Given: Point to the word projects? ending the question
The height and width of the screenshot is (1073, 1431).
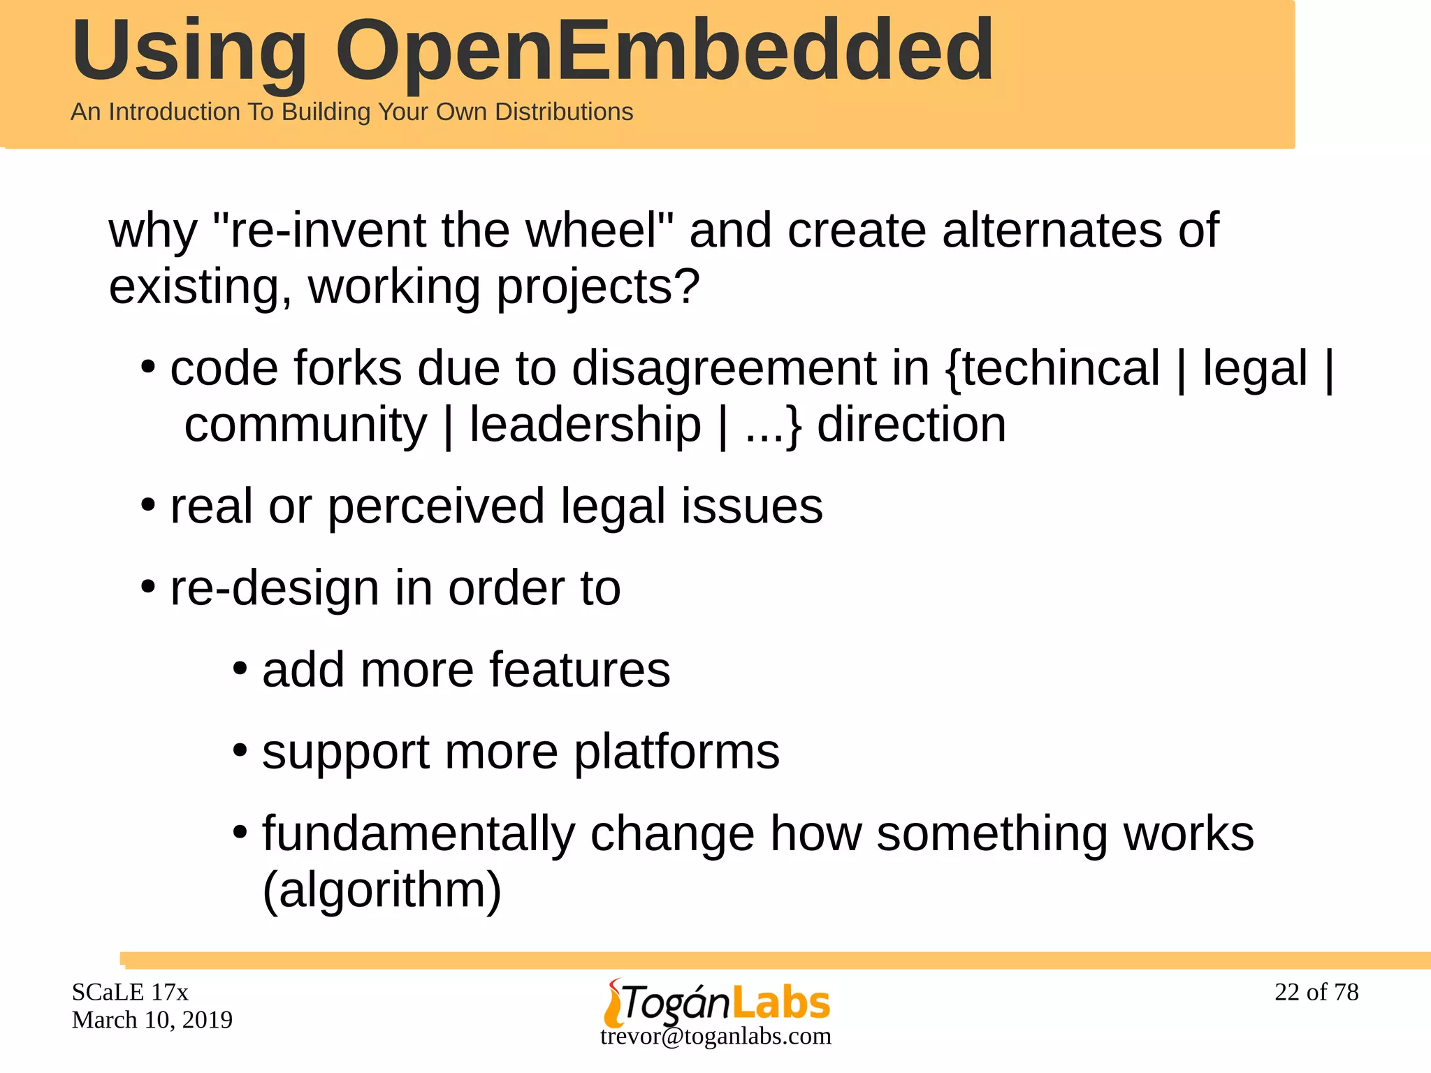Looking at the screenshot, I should [598, 286].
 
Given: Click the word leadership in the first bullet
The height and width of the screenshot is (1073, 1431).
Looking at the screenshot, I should [585, 425].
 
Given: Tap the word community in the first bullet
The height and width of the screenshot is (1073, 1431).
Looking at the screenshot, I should [305, 425].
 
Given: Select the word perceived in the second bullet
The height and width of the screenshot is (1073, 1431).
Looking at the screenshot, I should [435, 506].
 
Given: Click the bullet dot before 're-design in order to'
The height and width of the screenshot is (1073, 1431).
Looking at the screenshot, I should [147, 585].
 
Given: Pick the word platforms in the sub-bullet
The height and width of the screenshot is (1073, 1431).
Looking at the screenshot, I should [676, 752].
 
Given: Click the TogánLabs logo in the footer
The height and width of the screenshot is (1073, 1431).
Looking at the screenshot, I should [717, 1002].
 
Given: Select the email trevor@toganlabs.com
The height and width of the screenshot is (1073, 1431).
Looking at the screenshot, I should [715, 1036].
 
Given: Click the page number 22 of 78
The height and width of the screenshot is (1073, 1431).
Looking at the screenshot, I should [1316, 992].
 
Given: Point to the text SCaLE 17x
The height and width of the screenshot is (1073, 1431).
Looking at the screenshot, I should [130, 992].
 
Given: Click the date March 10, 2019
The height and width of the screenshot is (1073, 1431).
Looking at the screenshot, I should [152, 1020].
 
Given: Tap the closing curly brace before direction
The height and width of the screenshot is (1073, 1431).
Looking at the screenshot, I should [793, 426].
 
